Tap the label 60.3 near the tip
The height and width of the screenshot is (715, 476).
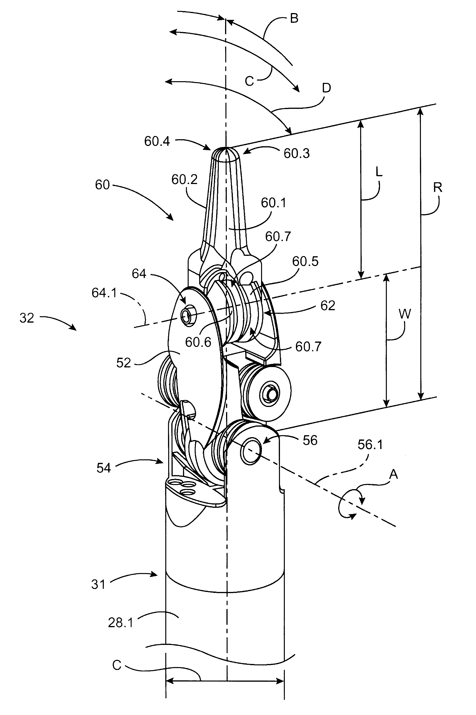pyautogui.click(x=297, y=153)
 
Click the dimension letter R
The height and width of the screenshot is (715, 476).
pyautogui.click(x=437, y=188)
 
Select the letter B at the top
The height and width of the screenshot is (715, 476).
pyautogui.click(x=294, y=18)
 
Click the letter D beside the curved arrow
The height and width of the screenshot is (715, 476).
pyautogui.click(x=326, y=88)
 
